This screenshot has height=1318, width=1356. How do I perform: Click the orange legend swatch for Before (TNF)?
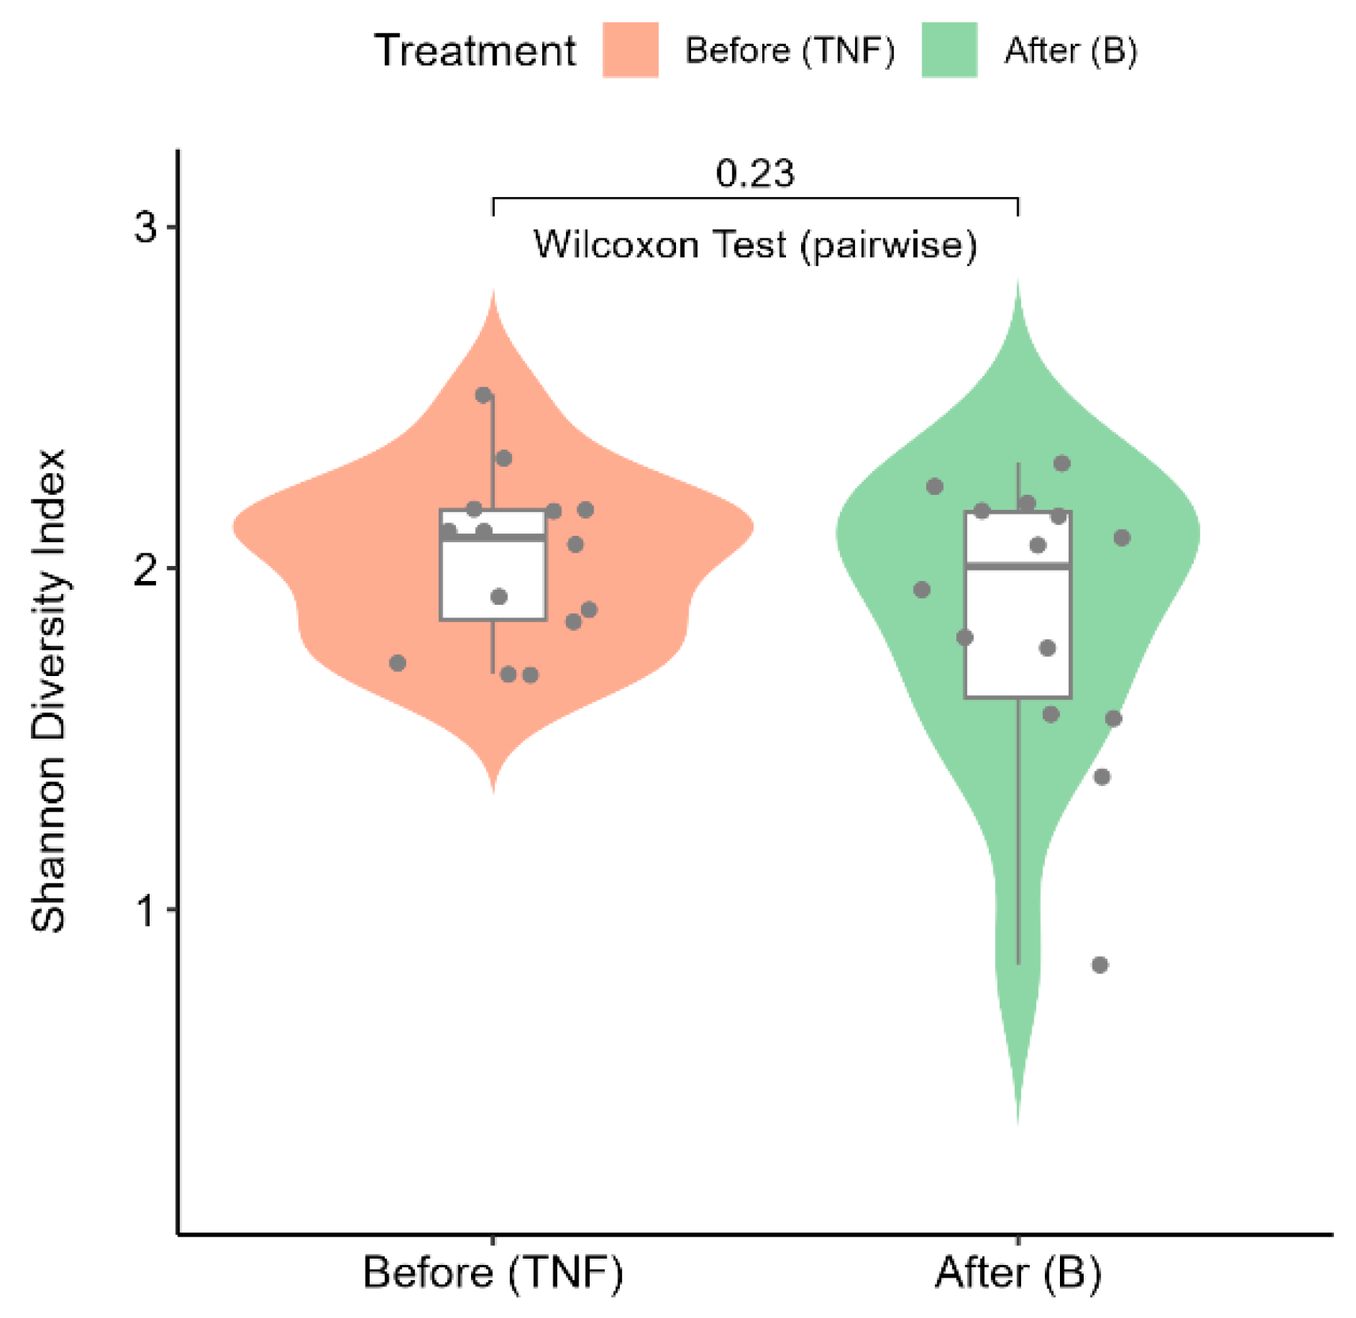coord(629,50)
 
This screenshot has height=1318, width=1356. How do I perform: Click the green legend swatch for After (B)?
coord(948,50)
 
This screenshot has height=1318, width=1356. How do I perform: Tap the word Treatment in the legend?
coord(475,51)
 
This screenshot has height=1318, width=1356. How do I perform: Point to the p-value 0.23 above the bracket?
coord(754,173)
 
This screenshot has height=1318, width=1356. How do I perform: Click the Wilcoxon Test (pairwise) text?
coord(754,245)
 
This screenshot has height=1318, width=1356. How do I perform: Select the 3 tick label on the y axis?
coord(146,228)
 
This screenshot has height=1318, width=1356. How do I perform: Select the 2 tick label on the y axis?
coord(146,569)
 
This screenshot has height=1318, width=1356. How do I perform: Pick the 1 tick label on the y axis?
coord(146,910)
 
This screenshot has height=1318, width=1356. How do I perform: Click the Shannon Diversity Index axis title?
coord(49,690)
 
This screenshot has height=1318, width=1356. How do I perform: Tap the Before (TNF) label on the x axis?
coord(492,1273)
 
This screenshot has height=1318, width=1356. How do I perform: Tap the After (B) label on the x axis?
coord(1018,1273)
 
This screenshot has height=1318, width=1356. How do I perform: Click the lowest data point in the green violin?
coord(1100,964)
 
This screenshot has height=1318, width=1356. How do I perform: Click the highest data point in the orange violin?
coord(484,395)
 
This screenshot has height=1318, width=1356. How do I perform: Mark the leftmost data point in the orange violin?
coord(397,663)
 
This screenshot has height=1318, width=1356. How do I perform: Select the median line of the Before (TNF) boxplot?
coord(492,537)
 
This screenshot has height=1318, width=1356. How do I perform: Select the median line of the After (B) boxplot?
coord(1018,566)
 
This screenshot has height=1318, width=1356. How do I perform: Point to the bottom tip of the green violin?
coord(1018,1120)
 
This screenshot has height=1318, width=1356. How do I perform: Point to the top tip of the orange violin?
coord(494,293)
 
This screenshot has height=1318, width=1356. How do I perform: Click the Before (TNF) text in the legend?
coord(789,51)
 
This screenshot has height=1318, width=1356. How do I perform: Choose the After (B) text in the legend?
coord(1070,51)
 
